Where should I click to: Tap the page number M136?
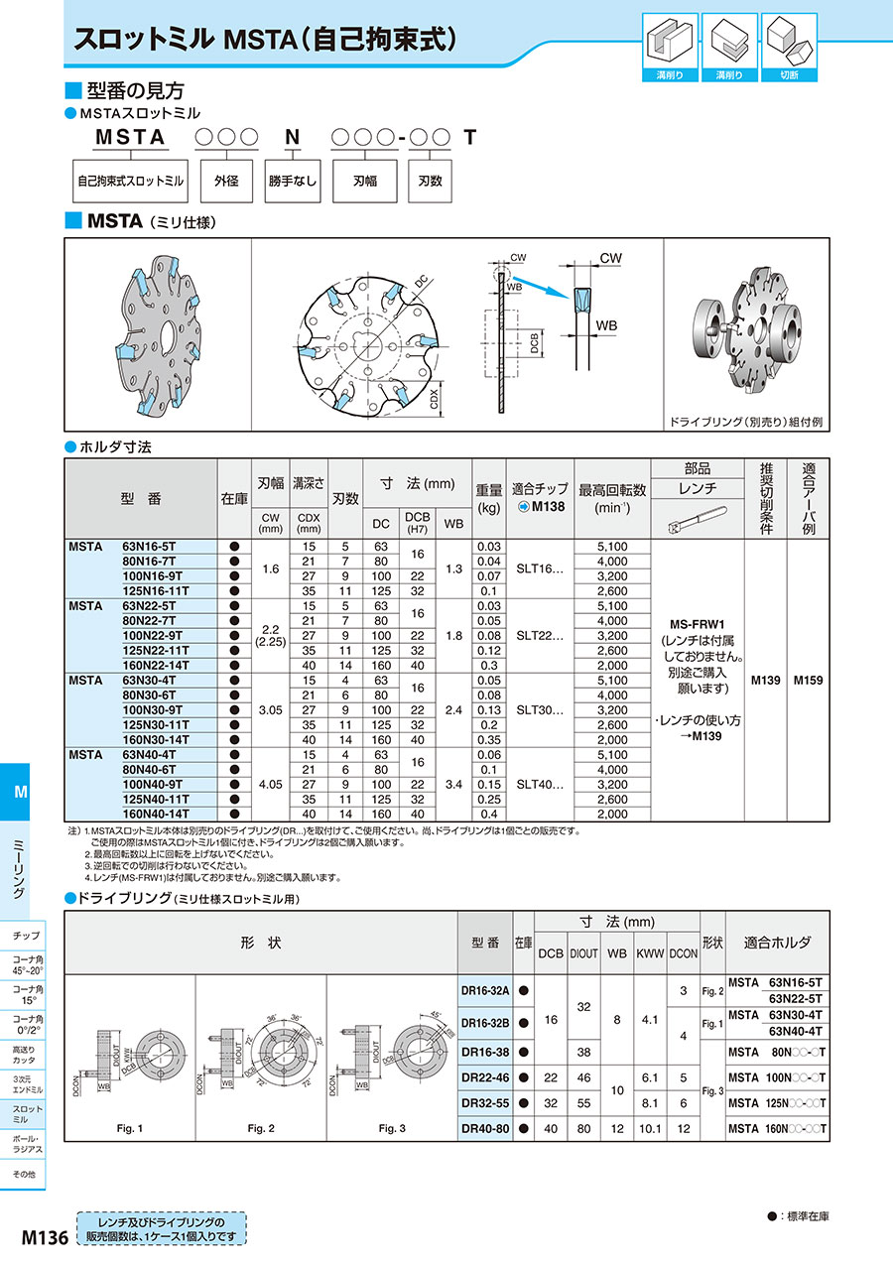coord(44,1237)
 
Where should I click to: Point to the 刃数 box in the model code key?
coord(429,182)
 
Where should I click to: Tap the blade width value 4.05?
coord(271,783)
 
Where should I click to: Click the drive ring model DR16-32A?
coord(485,990)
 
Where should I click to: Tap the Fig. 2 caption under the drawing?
coord(261,1128)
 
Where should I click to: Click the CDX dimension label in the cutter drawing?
coord(434,399)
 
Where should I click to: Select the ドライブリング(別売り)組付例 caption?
coord(745,422)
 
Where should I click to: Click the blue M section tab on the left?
coord(21,791)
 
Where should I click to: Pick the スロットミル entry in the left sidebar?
coord(27,1112)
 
